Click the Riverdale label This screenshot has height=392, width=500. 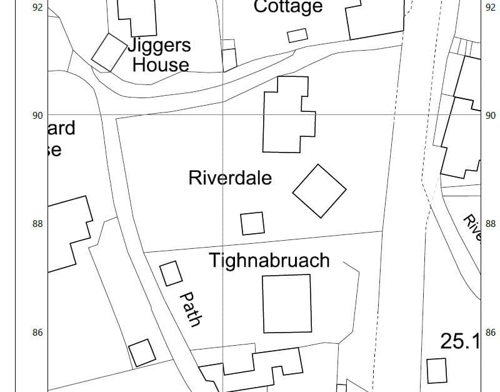(x=230, y=178)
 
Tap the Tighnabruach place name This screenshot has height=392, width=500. (x=269, y=260)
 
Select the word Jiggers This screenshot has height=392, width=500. (x=160, y=46)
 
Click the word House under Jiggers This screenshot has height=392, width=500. (x=161, y=64)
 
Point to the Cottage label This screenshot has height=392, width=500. (x=288, y=7)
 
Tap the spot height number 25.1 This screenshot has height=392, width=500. (x=460, y=341)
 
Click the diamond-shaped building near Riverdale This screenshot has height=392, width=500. (x=319, y=191)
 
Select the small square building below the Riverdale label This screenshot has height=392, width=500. (x=252, y=223)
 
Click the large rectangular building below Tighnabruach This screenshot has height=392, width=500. (x=287, y=303)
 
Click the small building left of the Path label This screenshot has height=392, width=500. (x=171, y=273)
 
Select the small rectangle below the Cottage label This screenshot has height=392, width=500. (x=297, y=35)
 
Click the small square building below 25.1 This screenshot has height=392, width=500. (x=436, y=371)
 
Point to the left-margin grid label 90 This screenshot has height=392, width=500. (x=37, y=115)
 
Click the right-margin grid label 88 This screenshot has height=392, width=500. (x=490, y=224)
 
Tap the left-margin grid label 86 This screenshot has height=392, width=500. (x=37, y=333)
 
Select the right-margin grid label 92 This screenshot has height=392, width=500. (x=490, y=8)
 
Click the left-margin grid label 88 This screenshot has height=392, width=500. (x=37, y=224)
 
